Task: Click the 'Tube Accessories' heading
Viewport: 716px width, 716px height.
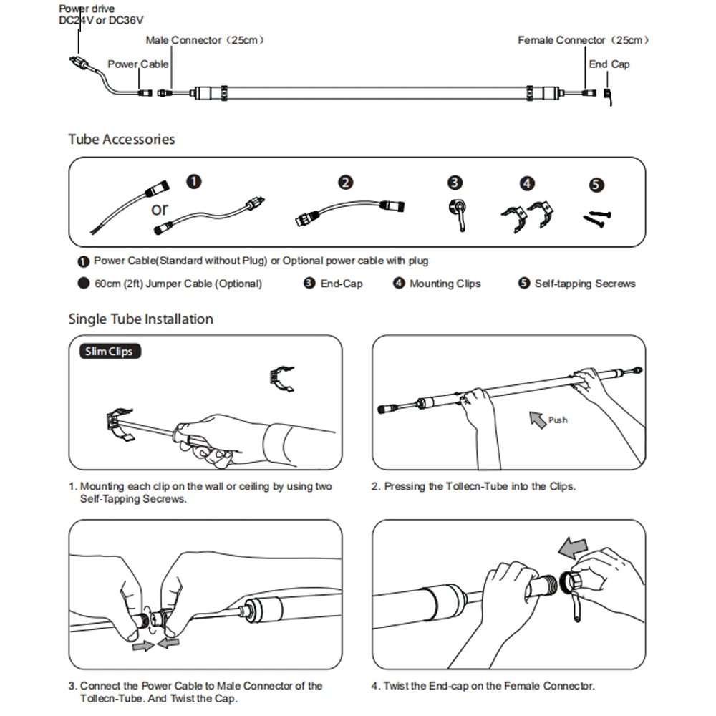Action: (x=122, y=139)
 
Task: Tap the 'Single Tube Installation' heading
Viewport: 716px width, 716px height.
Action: (x=141, y=319)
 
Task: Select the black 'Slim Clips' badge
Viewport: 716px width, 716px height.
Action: (x=109, y=352)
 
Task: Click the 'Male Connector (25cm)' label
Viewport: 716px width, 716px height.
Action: (x=205, y=40)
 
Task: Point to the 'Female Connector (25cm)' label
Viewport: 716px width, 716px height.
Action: (x=583, y=40)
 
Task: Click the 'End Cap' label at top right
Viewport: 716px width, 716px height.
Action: (x=609, y=64)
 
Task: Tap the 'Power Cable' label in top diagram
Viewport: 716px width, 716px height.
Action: (x=137, y=64)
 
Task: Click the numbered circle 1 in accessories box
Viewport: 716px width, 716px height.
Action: (x=194, y=182)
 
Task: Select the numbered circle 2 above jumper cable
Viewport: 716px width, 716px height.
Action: (x=346, y=182)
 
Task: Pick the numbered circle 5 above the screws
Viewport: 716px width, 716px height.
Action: (x=597, y=185)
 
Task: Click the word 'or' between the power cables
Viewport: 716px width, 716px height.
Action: (x=159, y=209)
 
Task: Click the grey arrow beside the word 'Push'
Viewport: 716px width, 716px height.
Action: (x=537, y=419)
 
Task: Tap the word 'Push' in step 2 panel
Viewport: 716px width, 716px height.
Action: (x=558, y=420)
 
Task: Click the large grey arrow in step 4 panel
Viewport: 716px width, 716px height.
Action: (x=573, y=548)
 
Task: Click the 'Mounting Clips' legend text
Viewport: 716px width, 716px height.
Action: (x=445, y=284)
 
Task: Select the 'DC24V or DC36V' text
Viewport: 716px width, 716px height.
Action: (x=101, y=21)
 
